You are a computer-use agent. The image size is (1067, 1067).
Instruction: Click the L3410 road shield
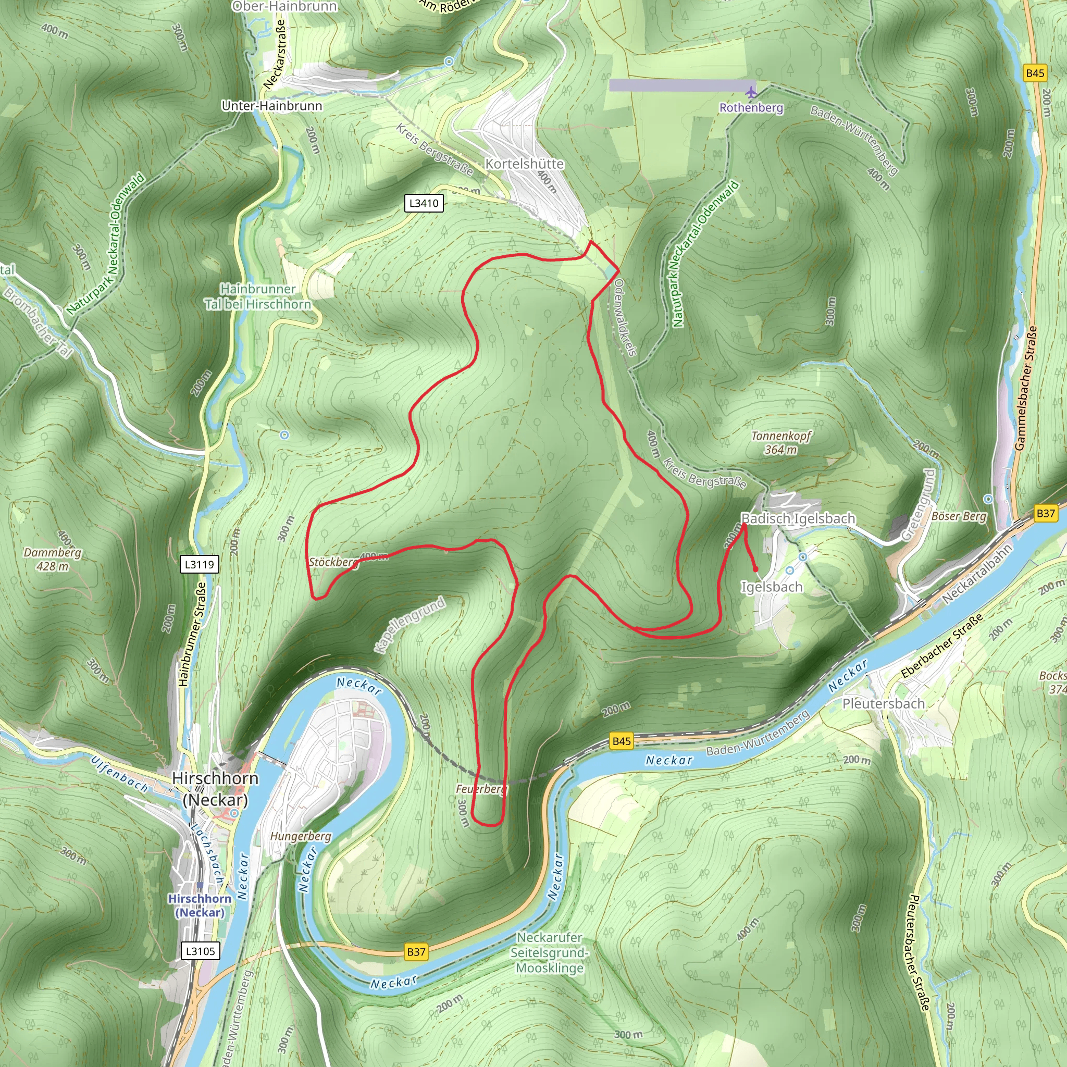(x=424, y=203)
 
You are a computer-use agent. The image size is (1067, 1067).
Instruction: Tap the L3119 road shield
(x=200, y=564)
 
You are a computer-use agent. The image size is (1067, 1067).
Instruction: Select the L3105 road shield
(x=200, y=951)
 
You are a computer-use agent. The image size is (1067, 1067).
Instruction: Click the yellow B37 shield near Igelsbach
(x=1045, y=513)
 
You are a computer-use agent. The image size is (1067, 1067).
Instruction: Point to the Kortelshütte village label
(x=524, y=164)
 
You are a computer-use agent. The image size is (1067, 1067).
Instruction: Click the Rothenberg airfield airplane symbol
(x=751, y=91)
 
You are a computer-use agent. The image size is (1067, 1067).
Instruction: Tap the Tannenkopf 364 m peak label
(x=781, y=442)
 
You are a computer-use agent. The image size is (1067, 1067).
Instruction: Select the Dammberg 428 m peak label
(x=53, y=559)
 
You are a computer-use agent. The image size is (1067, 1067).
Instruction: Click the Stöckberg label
(x=333, y=562)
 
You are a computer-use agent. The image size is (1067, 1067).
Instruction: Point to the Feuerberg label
(x=480, y=789)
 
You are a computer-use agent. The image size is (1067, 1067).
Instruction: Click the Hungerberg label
(x=301, y=836)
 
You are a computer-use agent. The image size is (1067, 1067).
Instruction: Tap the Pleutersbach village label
(x=883, y=703)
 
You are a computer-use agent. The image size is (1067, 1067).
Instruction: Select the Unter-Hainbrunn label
(x=272, y=105)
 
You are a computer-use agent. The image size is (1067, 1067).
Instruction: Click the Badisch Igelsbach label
(x=798, y=518)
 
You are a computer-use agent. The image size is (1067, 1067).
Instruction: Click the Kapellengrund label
(x=409, y=625)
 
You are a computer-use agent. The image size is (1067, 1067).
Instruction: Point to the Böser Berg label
(x=959, y=516)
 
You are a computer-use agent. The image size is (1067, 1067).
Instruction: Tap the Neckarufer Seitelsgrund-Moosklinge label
(x=550, y=953)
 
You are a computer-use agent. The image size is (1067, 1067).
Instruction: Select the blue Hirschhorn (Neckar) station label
(x=200, y=905)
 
